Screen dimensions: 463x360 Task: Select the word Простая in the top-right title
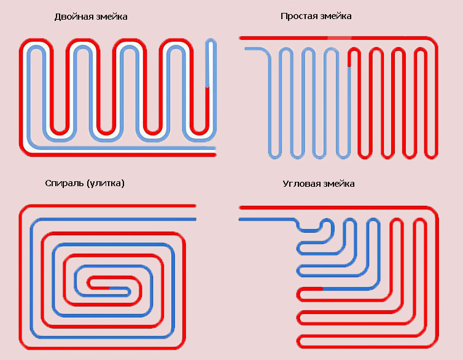(x=299, y=16)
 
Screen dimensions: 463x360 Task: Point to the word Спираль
(x=64, y=184)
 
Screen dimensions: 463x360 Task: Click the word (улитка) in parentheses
(x=106, y=184)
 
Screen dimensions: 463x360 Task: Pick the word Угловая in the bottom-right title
(x=302, y=184)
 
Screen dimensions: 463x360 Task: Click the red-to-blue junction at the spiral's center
(x=109, y=288)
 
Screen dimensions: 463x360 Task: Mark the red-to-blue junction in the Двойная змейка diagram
(x=208, y=87)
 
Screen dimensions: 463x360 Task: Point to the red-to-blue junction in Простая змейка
(x=349, y=67)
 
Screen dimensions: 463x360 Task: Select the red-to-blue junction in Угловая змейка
(x=322, y=289)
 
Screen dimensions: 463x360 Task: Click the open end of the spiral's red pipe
(x=195, y=206)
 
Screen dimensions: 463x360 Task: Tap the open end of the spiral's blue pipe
(x=195, y=219)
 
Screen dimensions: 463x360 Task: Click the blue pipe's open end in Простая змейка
(x=246, y=49)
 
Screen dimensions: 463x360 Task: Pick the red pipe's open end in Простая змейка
(x=241, y=38)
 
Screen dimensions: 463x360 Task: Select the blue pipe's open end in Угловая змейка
(x=239, y=219)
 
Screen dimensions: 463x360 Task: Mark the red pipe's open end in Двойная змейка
(x=215, y=155)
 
